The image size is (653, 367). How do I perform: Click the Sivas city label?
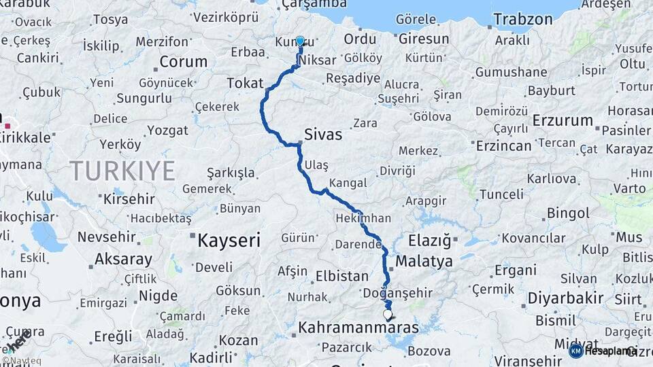323,135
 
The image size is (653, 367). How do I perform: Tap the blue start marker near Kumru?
300,41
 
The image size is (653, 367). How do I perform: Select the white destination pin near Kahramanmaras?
388,315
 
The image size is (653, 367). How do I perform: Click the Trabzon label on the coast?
523,19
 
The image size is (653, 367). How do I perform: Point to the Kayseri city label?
229,240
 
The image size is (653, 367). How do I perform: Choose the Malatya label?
424,261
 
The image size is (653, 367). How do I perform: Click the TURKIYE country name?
122,171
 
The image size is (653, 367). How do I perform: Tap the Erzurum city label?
563,120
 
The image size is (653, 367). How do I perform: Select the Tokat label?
245,83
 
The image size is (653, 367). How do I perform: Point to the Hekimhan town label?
363,219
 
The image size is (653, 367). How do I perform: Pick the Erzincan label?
504,145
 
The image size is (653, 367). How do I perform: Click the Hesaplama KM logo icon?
575,351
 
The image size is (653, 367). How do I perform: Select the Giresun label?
424,39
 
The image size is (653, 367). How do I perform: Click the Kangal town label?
348,183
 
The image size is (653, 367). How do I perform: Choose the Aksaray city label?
123,259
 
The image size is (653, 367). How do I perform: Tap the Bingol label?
568,213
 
